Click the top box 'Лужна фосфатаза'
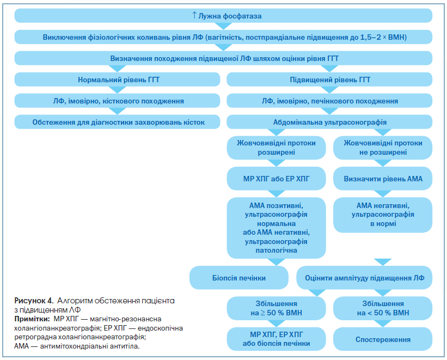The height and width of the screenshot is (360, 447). pyautogui.click(x=223, y=16)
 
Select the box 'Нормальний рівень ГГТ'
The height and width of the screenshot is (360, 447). pyautogui.click(x=117, y=80)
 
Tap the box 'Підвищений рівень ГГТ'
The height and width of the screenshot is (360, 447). pyautogui.click(x=329, y=80)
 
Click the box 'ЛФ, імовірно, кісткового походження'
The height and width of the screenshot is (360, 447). pyautogui.click(x=117, y=101)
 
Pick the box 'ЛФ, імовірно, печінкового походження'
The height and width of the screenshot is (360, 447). pyautogui.click(x=329, y=101)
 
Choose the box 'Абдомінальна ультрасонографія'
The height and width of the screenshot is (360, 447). pyautogui.click(x=329, y=122)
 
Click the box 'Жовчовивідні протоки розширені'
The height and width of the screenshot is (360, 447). pyautogui.click(x=276, y=148)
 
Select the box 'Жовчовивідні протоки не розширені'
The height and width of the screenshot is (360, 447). pyautogui.click(x=383, y=148)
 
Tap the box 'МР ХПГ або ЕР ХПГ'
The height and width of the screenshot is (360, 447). pyautogui.click(x=276, y=179)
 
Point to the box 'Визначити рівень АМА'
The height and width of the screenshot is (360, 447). pyautogui.click(x=383, y=179)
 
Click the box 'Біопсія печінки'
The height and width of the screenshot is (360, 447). pyautogui.click(x=239, y=278)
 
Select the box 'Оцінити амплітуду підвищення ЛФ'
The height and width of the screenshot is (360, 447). pyautogui.click(x=364, y=278)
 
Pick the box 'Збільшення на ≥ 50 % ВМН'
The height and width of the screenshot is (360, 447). pyautogui.click(x=276, y=308)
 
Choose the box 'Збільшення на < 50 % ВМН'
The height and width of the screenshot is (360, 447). pyautogui.click(x=383, y=308)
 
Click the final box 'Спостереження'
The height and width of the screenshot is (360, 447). pyautogui.click(x=383, y=339)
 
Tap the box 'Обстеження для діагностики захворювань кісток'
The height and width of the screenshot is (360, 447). pyautogui.click(x=117, y=122)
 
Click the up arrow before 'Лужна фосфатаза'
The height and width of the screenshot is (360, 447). pyautogui.click(x=194, y=15)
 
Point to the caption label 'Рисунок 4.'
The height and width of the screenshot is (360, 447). pyautogui.click(x=34, y=301)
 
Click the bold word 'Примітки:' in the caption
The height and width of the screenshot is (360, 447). pyautogui.click(x=32, y=319)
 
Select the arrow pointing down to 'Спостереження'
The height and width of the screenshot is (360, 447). pyautogui.click(x=383, y=324)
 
